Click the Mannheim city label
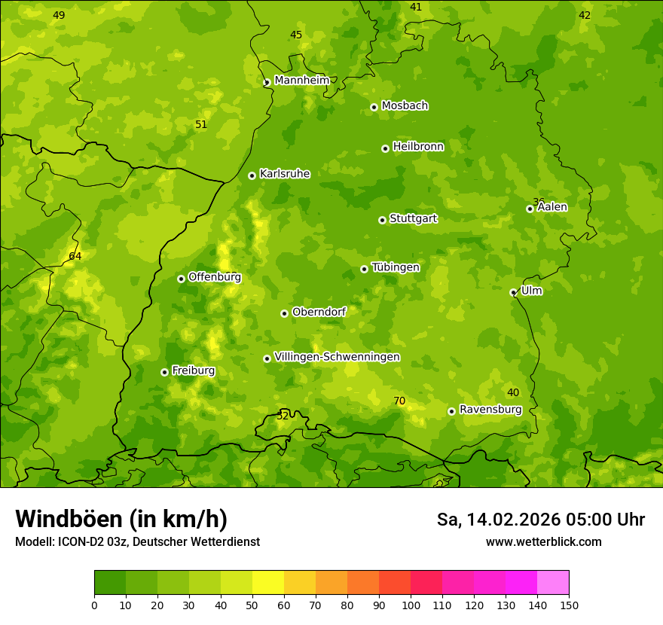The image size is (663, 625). coord(301,81)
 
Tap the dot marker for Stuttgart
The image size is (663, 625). coord(382,220)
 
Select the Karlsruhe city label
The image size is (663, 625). coord(284,174)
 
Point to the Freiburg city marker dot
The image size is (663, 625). coord(164,372)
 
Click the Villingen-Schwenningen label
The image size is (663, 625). coord(337,357)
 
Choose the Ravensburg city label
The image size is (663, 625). coord(490,410)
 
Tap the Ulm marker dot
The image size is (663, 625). coord(513,292)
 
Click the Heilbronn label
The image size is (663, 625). coord(418,147)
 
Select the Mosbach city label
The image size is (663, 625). coord(405,106)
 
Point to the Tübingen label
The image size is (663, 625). coord(396,267)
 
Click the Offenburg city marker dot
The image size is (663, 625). coord(181,279)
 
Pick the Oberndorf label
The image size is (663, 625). coord(319,312)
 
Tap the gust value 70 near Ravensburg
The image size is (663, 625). coord(399,401)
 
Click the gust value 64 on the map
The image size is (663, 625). coord(75,256)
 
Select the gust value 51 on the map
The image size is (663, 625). coord(201,124)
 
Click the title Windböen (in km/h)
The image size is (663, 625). coord(121,519)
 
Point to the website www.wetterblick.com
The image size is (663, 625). coord(543,541)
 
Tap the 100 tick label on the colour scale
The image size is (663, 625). coord(411,605)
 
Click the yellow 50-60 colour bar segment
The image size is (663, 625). coord(268,583)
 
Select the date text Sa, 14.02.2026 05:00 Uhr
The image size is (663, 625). coord(540,520)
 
